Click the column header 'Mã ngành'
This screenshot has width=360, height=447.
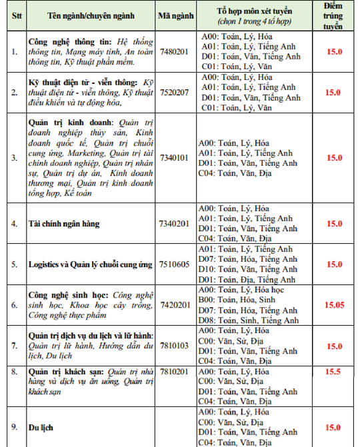(x=175, y=15)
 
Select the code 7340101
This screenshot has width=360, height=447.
(x=175, y=158)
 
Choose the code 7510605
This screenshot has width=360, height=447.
(x=175, y=264)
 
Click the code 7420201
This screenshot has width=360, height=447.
(x=175, y=304)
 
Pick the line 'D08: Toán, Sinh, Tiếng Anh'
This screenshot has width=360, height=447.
(x=249, y=320)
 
